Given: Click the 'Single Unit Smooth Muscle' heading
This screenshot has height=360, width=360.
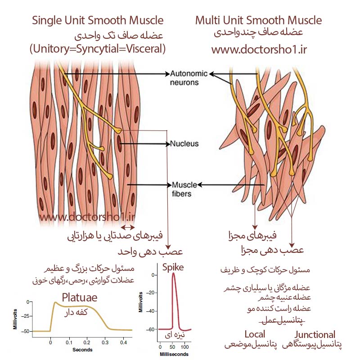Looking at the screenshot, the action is (x=98, y=21).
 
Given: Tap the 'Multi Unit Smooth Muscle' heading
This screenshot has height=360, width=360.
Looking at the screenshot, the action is (x=258, y=20).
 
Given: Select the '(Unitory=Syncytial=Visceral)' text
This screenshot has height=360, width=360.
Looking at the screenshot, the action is (x=98, y=49).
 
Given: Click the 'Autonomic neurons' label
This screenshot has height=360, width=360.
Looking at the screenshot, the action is (x=189, y=78).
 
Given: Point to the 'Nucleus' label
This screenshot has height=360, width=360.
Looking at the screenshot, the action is (x=184, y=144).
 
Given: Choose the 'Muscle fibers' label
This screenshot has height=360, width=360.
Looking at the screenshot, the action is (x=184, y=189).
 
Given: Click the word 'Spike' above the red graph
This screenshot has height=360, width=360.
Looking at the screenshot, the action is (x=173, y=267).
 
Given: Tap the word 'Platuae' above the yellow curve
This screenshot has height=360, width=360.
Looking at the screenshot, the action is (x=80, y=298).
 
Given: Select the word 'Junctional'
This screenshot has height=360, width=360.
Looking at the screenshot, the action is (x=315, y=334).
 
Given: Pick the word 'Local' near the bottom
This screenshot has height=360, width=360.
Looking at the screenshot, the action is (x=255, y=334).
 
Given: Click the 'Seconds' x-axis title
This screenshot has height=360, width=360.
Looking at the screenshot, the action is (x=82, y=350).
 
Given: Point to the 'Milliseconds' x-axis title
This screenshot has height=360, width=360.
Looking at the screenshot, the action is (x=174, y=354).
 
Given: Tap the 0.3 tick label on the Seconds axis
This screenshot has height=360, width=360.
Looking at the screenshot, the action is (x=105, y=342).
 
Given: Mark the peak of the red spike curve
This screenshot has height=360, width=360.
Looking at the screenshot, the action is (x=173, y=273).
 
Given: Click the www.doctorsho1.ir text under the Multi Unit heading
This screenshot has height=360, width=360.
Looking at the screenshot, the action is (x=259, y=49).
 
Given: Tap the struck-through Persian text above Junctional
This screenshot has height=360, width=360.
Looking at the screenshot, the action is (x=283, y=320).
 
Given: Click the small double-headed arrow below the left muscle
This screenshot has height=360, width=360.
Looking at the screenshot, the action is (x=128, y=228).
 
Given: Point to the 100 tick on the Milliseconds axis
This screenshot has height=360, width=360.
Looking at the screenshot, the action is (x=184, y=347).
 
